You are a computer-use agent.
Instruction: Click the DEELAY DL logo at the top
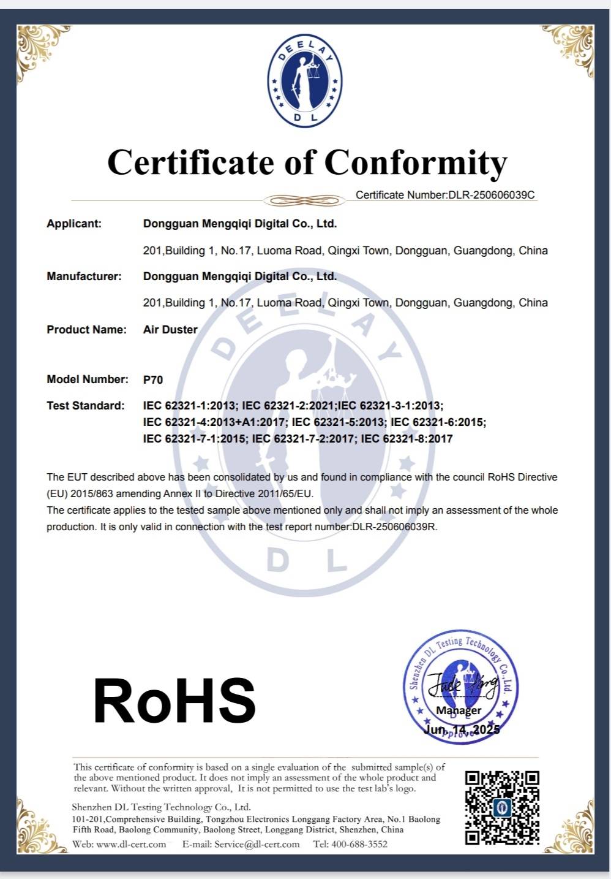(x=305, y=80)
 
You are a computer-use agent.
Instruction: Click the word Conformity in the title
(x=416, y=163)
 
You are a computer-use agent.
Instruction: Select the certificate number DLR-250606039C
(x=492, y=195)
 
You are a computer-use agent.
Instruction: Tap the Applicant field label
(x=74, y=224)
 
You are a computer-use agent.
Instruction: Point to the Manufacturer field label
(x=84, y=276)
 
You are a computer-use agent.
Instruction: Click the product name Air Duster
(x=170, y=330)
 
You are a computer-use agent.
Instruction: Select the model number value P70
(x=153, y=379)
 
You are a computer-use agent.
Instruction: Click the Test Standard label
(x=85, y=406)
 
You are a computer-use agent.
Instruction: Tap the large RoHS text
(x=174, y=701)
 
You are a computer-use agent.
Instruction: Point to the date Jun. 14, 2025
(x=462, y=729)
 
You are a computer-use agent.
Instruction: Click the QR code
(x=502, y=807)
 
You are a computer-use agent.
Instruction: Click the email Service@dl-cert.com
(x=257, y=844)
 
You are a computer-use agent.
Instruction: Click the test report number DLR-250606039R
(x=395, y=527)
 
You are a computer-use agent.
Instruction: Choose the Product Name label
(x=86, y=330)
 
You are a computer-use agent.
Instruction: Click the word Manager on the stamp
(x=459, y=710)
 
